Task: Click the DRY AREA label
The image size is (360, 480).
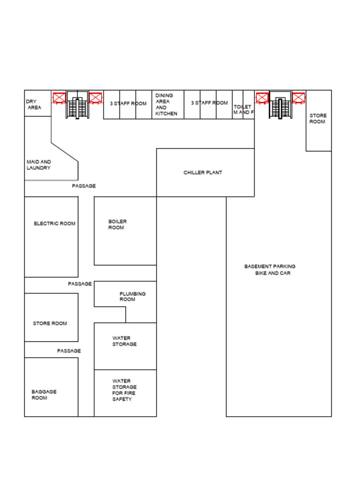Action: click(33, 105)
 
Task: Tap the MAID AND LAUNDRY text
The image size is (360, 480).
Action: click(39, 165)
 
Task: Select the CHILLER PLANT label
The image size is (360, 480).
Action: click(202, 173)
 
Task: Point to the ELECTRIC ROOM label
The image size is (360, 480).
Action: click(54, 224)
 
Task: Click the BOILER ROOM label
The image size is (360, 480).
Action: click(117, 225)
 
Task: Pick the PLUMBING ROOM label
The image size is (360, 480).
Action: click(132, 297)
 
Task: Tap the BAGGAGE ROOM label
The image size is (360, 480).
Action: click(44, 395)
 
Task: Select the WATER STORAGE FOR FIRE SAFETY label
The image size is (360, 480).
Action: click(124, 390)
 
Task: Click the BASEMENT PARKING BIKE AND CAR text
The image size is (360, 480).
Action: click(270, 270)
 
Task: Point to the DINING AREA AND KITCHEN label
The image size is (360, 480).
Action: click(166, 105)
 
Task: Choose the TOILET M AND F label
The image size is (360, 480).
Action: click(243, 110)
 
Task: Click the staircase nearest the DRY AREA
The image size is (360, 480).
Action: click(77, 105)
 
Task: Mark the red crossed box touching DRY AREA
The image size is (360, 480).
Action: click(59, 97)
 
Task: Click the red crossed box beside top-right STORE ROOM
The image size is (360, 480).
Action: click(299, 97)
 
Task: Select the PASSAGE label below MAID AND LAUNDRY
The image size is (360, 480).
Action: click(84, 186)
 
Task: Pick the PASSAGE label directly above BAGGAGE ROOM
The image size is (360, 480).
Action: click(69, 351)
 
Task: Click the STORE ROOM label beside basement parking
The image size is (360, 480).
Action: click(318, 119)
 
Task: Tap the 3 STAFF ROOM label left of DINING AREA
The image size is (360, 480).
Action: click(128, 104)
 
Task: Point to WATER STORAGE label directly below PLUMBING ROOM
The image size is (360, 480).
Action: click(125, 341)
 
